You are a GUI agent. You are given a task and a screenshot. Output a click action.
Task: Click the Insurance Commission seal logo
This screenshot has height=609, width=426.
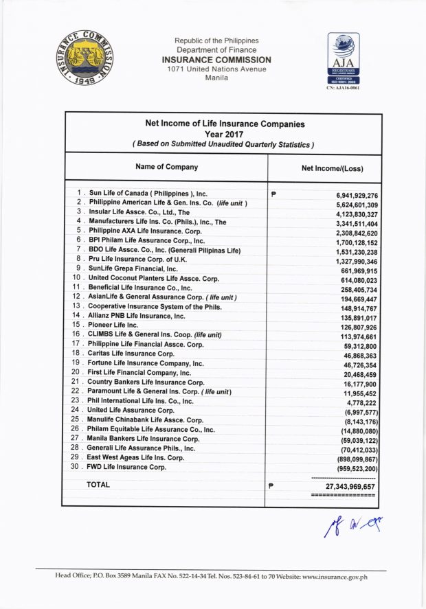pyautogui.click(x=85, y=58)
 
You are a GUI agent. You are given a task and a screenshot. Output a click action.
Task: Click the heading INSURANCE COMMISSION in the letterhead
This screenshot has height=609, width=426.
pyautogui.click(x=216, y=60)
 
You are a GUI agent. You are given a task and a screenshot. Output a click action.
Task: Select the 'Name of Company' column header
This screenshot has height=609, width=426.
pyautogui.click(x=166, y=167)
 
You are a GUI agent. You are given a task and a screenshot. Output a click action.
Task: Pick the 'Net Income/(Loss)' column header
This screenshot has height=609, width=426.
pyautogui.click(x=333, y=168)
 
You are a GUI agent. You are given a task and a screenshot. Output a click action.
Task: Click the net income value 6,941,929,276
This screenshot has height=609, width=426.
pyautogui.click(x=353, y=196)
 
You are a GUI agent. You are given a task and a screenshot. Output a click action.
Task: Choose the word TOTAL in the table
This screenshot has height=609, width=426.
pyautogui.click(x=98, y=485)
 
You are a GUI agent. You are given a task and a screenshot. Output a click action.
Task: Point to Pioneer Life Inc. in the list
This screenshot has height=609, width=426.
pyautogui.click(x=113, y=324)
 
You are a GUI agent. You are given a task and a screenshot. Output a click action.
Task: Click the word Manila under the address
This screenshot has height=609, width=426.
pyautogui.click(x=216, y=79)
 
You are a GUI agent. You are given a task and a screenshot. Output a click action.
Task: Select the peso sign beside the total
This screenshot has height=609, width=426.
pyautogui.click(x=272, y=485)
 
